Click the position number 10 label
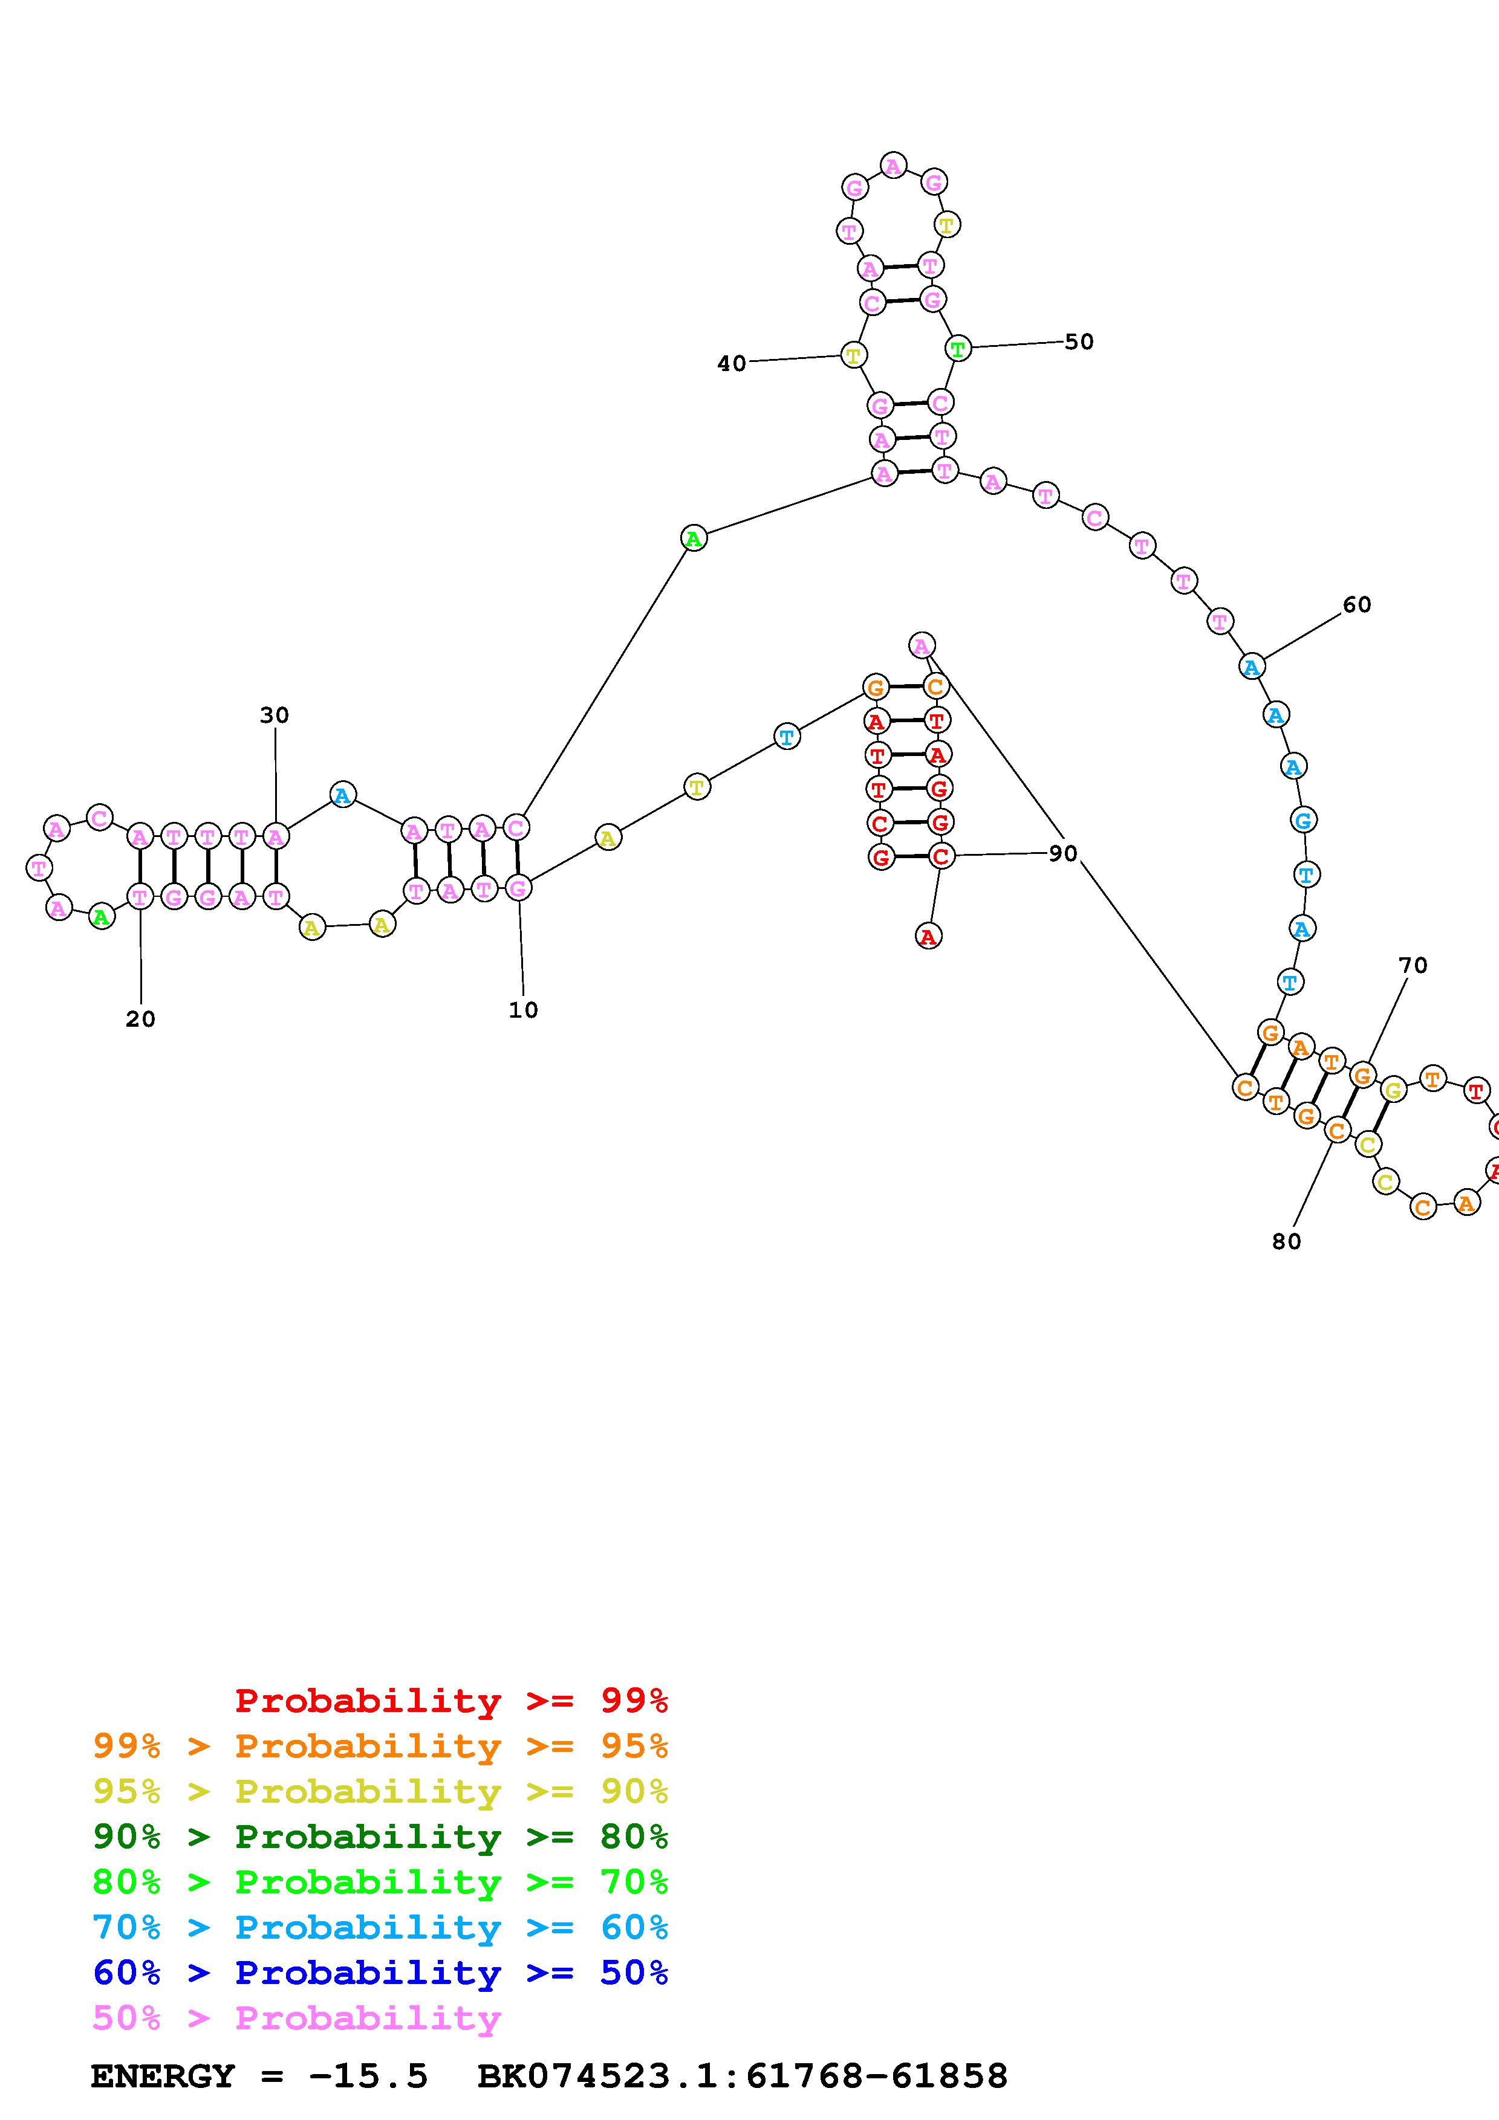pos(523,1010)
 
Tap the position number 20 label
pos(140,1020)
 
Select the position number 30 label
pos(275,715)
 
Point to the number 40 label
pos(732,364)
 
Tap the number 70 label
pos(1412,966)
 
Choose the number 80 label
pos(1286,1242)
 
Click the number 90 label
pos(1062,853)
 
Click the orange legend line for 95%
pos(380,1746)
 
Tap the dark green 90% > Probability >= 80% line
pos(380,1837)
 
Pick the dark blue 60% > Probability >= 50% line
pos(380,1973)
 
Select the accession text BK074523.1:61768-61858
pos(742,2076)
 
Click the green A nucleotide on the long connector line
pos(694,537)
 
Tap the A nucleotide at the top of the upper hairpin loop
pos(893,166)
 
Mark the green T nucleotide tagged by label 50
pos(958,349)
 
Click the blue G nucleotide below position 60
pos(1303,820)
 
